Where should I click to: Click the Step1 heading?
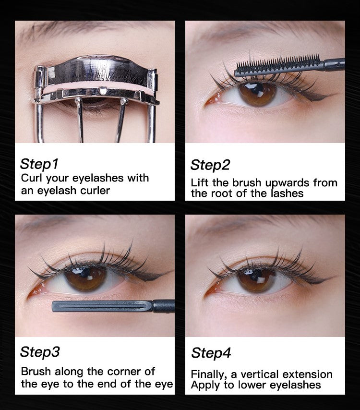(39, 164)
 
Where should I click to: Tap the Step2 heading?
(210, 165)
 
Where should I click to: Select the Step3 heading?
(40, 352)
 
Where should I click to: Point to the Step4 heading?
(211, 353)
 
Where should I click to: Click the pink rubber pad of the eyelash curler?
(98, 87)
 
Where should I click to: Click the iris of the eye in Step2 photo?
(257, 94)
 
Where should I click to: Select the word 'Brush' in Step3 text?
(36, 371)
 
